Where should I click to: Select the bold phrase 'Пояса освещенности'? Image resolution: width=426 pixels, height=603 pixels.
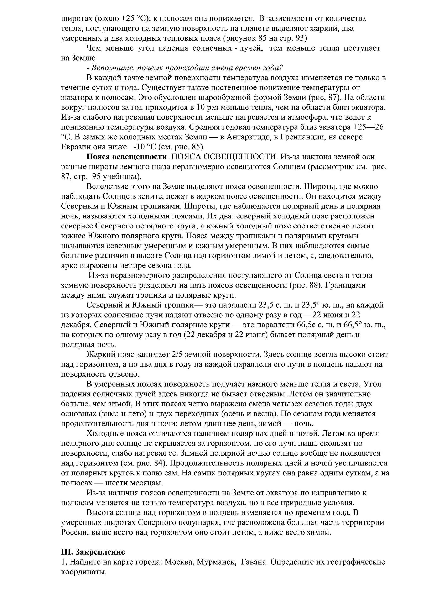click(x=126, y=157)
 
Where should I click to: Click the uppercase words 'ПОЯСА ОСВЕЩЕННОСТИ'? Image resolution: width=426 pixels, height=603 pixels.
click(x=224, y=157)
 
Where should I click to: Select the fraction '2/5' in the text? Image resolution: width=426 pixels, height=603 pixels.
click(x=177, y=355)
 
